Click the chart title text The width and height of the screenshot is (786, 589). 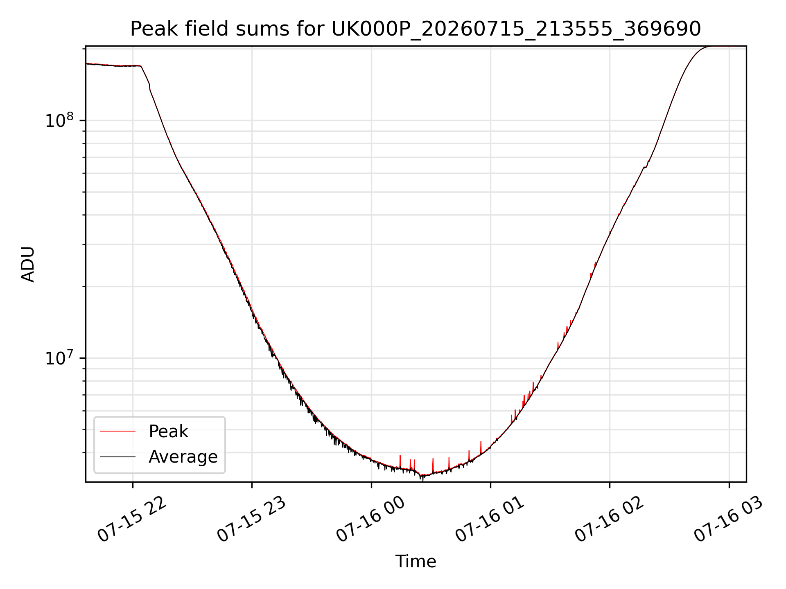click(416, 29)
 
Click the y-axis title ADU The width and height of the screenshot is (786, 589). click(28, 264)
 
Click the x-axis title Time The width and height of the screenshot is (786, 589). click(416, 561)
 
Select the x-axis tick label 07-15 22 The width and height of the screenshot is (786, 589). click(132, 520)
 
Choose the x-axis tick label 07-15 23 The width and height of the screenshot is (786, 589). click(251, 520)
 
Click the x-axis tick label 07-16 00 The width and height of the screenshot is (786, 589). click(371, 520)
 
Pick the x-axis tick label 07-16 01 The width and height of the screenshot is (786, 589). click(490, 520)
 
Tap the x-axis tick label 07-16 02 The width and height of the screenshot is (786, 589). click(610, 520)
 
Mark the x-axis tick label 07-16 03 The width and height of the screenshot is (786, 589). click(729, 520)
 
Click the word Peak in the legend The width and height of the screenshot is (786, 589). click(168, 432)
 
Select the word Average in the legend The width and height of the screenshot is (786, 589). click(183, 457)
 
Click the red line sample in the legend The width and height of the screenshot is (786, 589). click(118, 431)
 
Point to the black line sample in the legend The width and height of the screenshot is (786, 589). click(118, 456)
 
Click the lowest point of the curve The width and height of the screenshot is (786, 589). click(422, 477)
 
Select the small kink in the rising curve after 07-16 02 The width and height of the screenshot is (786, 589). click(646, 166)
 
